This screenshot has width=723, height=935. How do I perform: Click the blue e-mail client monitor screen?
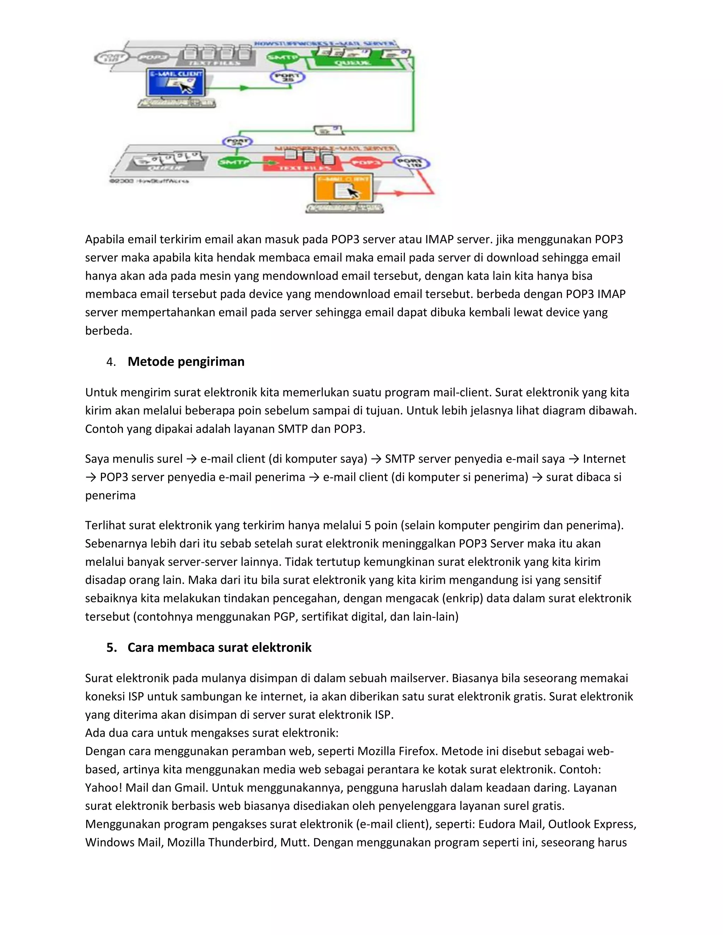[x=175, y=82]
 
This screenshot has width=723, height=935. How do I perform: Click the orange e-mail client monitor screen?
[x=343, y=188]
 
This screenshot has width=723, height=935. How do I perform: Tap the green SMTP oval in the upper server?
[x=283, y=57]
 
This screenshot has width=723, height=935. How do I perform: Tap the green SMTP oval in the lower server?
[x=234, y=162]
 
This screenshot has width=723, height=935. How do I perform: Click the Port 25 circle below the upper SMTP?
[x=287, y=77]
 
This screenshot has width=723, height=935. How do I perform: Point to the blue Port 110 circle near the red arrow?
[x=411, y=163]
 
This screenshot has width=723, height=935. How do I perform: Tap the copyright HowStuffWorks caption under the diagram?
[x=149, y=181]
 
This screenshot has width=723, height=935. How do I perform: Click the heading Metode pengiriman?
[x=186, y=362]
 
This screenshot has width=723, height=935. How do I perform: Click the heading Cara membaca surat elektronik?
[x=219, y=647]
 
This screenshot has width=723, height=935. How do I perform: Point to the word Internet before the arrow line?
[x=604, y=459]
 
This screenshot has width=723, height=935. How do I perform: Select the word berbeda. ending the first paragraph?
[x=109, y=331]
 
